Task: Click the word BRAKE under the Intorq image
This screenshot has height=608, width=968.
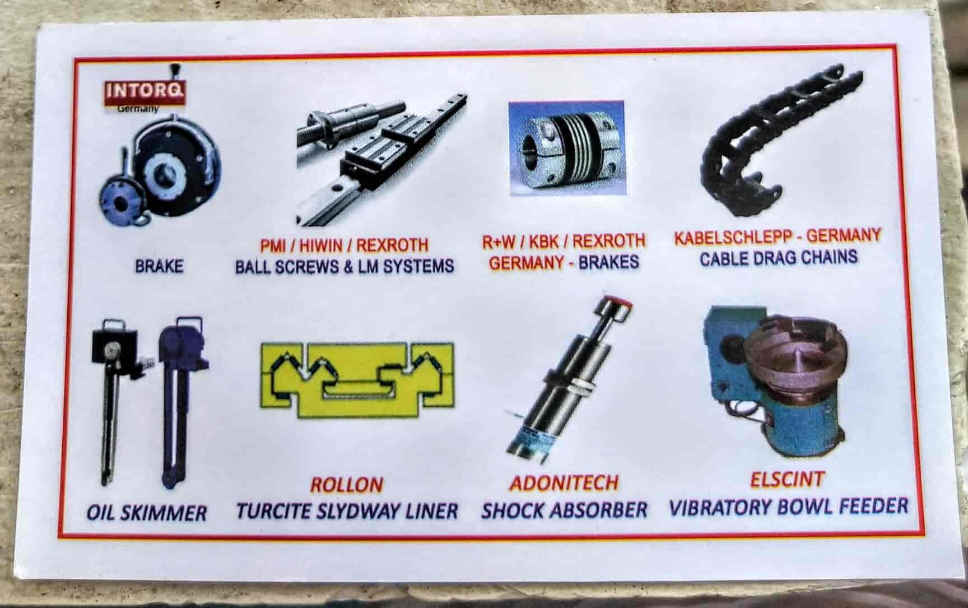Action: tap(159, 266)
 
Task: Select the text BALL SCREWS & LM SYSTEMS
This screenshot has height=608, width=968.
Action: tap(344, 266)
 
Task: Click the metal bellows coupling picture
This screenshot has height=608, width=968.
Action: tap(566, 148)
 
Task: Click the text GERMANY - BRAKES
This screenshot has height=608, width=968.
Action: tap(564, 262)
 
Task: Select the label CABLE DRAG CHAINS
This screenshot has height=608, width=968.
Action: tap(778, 258)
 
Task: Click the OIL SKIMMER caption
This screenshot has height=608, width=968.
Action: tap(147, 513)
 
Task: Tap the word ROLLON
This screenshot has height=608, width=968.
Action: tap(347, 485)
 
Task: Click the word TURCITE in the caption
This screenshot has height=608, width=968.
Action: tap(273, 511)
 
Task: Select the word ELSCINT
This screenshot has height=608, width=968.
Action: tap(787, 480)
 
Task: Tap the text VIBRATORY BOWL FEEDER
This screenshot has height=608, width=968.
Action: tap(788, 507)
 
